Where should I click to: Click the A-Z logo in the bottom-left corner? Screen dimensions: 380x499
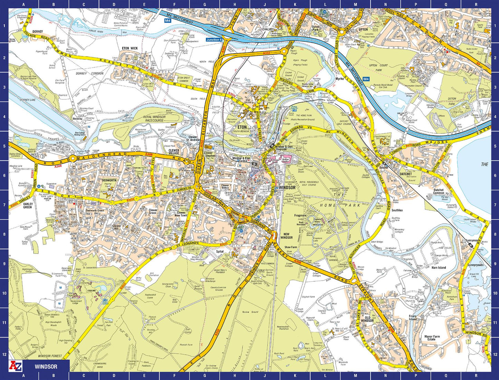tap(15, 366)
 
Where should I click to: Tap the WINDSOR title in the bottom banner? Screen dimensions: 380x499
tap(46, 366)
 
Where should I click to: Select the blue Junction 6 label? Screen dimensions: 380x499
tap(214, 40)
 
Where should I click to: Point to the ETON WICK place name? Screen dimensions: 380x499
tap(130, 48)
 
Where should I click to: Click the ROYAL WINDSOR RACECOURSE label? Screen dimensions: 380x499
tap(154, 119)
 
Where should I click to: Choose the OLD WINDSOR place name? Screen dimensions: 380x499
tap(367, 319)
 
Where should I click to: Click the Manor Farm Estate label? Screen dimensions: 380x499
tap(432, 338)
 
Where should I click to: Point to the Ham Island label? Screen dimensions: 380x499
tap(439, 267)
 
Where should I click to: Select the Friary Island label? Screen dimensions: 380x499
tap(413, 318)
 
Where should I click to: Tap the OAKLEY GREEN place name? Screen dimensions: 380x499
tap(28, 205)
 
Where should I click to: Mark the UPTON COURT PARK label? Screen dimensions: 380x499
tap(378, 67)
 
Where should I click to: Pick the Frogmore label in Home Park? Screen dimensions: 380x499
tap(300, 216)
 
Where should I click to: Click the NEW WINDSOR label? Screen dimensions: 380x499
tap(286, 236)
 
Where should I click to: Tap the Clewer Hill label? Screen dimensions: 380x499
tap(117, 228)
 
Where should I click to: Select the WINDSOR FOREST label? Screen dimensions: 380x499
tap(50, 356)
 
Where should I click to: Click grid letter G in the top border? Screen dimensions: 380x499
tap(205, 4)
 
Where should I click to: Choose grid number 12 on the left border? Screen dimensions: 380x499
tap(4, 354)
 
